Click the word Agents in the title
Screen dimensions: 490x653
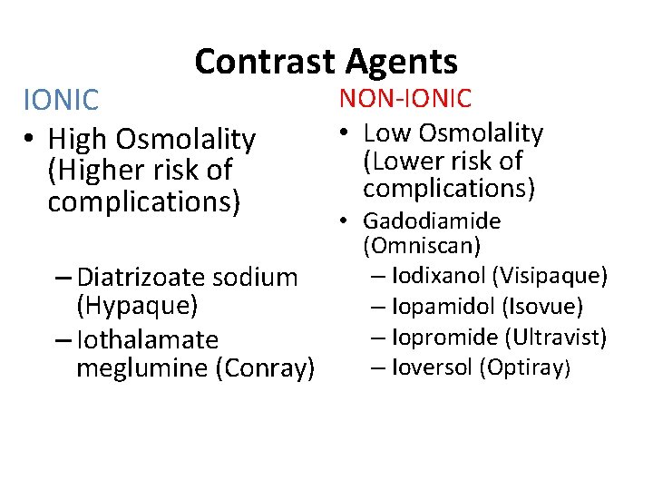[401, 62]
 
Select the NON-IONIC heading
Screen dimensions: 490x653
[405, 98]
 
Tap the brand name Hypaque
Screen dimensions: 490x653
[137, 306]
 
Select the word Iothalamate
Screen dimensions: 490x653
[148, 340]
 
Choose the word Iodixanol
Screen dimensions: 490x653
[438, 275]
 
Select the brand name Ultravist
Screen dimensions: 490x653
[557, 338]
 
